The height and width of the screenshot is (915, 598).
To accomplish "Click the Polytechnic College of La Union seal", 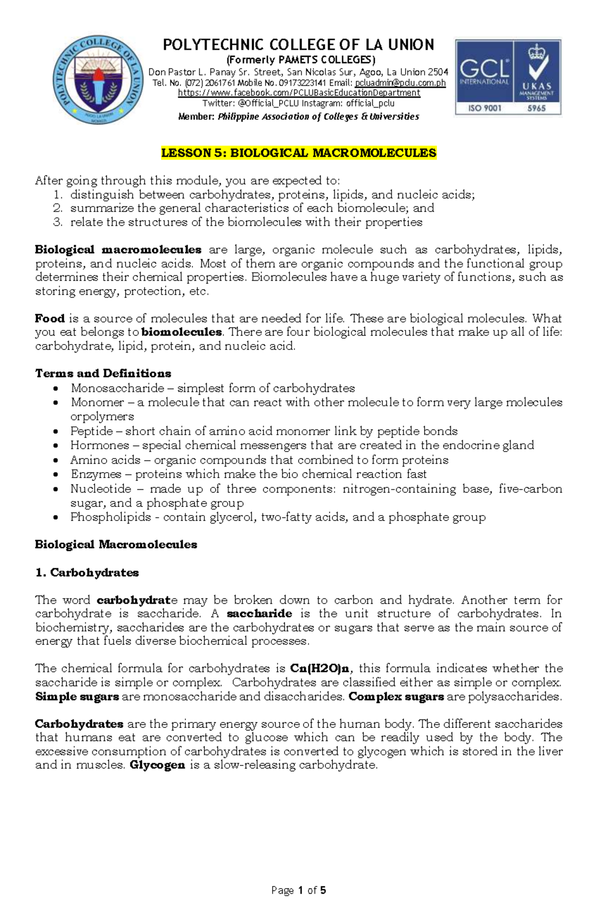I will pyautogui.click(x=93, y=81).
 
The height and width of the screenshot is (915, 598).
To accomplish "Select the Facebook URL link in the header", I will pyautogui.click(x=299, y=93).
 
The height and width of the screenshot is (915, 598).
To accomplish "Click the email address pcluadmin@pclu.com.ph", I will pyautogui.click(x=400, y=83).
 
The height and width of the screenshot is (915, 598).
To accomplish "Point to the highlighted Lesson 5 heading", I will pyautogui.click(x=299, y=153).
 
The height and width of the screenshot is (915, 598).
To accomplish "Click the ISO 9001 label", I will pyautogui.click(x=484, y=108).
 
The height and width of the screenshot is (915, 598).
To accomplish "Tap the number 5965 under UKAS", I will pyautogui.click(x=537, y=108).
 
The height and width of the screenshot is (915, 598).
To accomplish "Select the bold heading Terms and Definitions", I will pyautogui.click(x=103, y=373).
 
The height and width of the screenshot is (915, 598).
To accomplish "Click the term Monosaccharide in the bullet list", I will pyautogui.click(x=117, y=388).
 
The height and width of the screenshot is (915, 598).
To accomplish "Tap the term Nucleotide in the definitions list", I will pyautogui.click(x=101, y=489).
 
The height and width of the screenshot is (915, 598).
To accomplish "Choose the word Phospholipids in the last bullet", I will pyautogui.click(x=110, y=517).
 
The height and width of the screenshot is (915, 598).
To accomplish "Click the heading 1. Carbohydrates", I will pyautogui.click(x=87, y=572).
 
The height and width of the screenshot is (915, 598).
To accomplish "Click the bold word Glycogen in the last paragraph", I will pyautogui.click(x=157, y=765).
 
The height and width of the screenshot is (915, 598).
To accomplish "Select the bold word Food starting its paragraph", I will pyautogui.click(x=50, y=318).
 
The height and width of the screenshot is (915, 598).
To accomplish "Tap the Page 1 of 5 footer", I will pyautogui.click(x=299, y=890).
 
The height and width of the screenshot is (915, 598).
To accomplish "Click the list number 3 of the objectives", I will pyautogui.click(x=58, y=222).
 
